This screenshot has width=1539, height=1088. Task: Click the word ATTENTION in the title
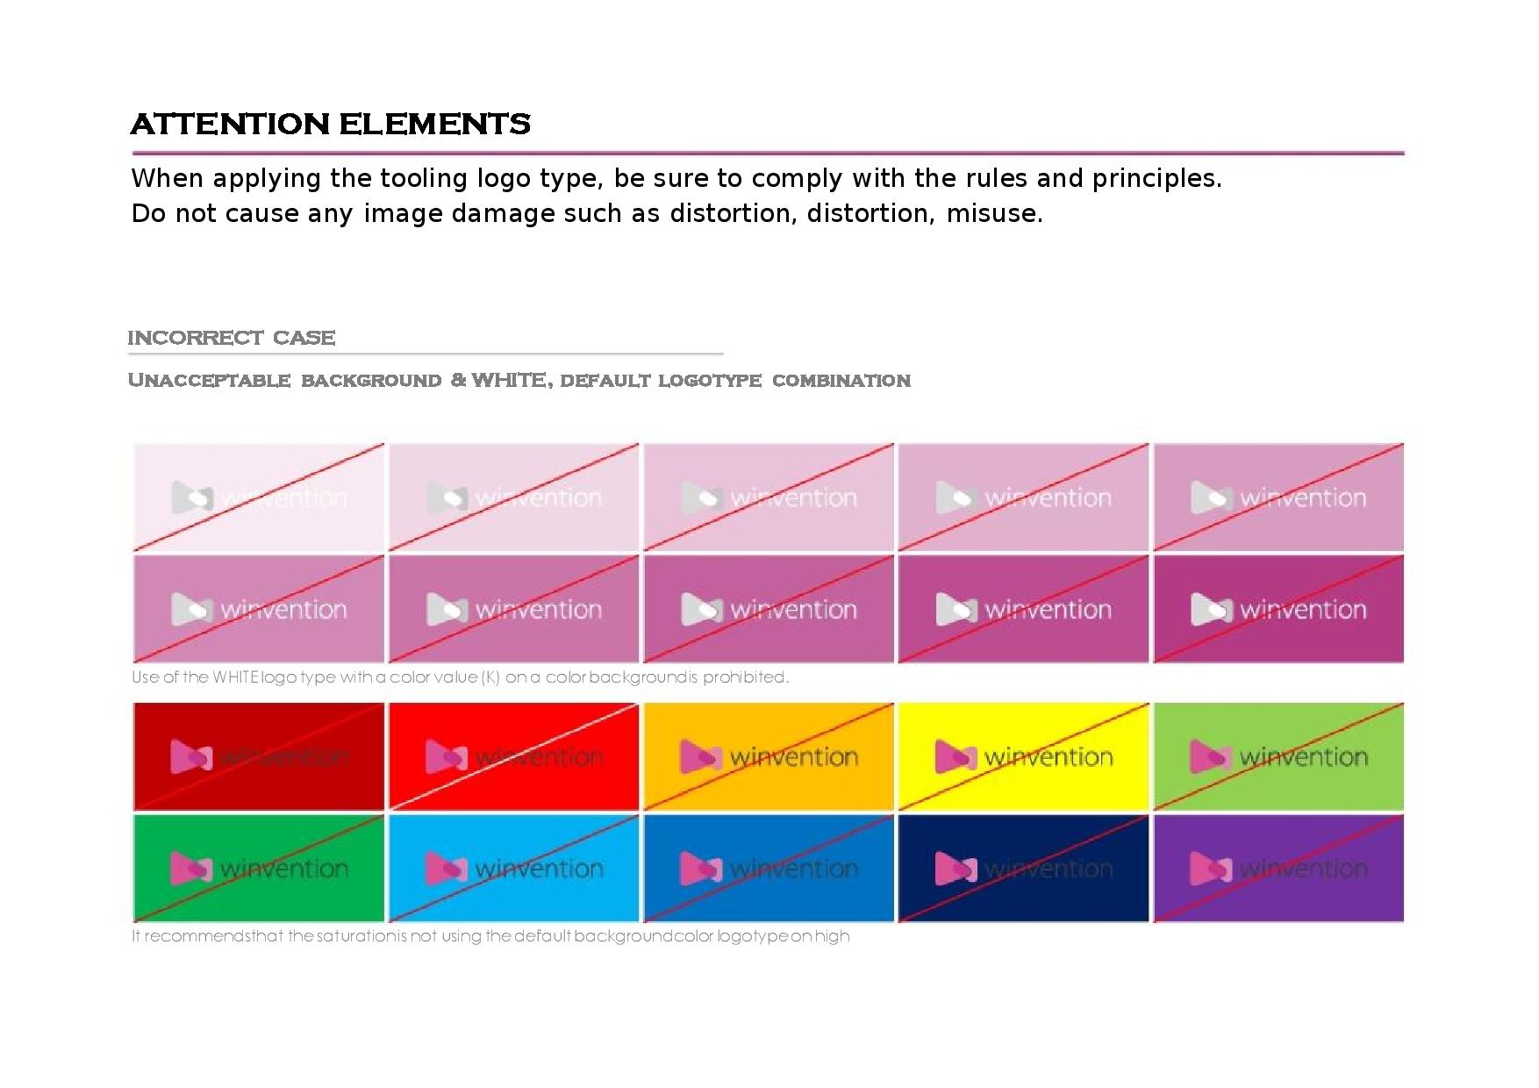tap(230, 124)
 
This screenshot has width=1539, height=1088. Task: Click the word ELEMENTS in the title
tap(434, 124)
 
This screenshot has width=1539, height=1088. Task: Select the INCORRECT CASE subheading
tap(232, 338)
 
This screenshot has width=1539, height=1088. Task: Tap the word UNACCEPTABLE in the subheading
tap(210, 380)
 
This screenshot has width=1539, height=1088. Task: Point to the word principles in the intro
tap(1156, 178)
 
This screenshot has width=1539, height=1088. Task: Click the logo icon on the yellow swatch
tap(955, 756)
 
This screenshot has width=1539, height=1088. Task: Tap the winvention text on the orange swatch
tap(794, 756)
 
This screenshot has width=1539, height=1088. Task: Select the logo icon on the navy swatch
tap(955, 869)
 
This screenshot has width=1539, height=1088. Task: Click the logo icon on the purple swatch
tap(1209, 869)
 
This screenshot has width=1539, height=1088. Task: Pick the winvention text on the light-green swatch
tap(1304, 756)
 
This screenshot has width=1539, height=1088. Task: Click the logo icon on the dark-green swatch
tap(190, 869)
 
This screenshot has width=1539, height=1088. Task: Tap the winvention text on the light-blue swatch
tap(539, 869)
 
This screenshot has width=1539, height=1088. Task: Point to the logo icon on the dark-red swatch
tap(190, 756)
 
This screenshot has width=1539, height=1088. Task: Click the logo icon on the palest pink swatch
tap(190, 497)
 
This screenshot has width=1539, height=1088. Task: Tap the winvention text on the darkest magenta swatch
tap(1304, 609)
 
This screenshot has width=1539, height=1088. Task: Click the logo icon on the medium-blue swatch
tap(700, 869)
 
